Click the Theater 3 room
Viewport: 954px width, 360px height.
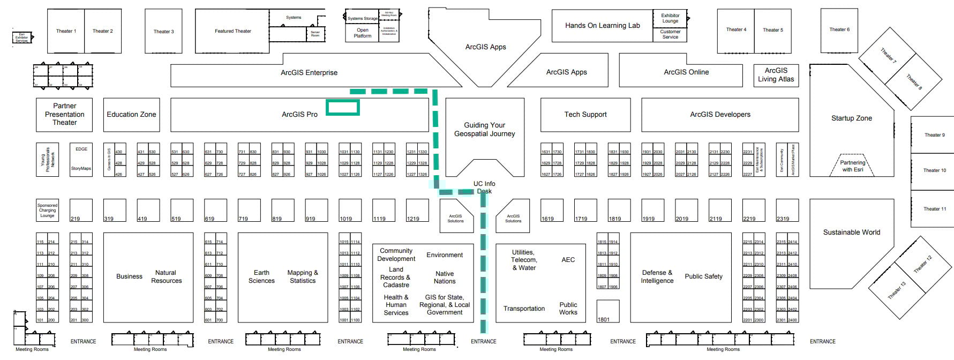pyautogui.click(x=163, y=31)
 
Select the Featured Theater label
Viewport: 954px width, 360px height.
pyautogui.click(x=232, y=31)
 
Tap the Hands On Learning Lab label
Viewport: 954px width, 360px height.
pyautogui.click(x=602, y=25)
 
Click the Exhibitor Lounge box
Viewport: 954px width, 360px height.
pyautogui.click(x=670, y=18)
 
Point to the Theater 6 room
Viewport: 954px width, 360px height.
pyautogui.click(x=839, y=29)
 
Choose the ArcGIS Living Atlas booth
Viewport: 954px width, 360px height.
pyautogui.click(x=776, y=74)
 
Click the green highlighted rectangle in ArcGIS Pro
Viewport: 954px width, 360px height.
pyautogui.click(x=343, y=108)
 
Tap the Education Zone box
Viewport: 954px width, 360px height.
pyautogui.click(x=131, y=114)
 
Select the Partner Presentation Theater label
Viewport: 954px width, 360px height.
pyautogui.click(x=64, y=114)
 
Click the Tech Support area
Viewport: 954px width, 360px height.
pyautogui.click(x=585, y=114)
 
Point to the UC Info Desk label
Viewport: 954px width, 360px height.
pyautogui.click(x=484, y=187)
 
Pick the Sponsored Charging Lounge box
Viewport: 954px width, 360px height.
pyautogui.click(x=47, y=210)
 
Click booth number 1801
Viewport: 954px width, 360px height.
pyautogui.click(x=608, y=312)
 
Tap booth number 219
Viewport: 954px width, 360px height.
pyautogui.click(x=81, y=211)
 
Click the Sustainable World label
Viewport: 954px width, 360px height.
pyautogui.click(x=851, y=232)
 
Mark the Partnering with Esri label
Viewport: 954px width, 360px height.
pyautogui.click(x=852, y=166)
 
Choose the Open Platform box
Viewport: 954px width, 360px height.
pyautogui.click(x=362, y=33)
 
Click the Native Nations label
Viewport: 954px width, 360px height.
pyautogui.click(x=444, y=277)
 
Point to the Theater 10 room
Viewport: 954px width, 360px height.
pyautogui.click(x=934, y=170)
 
